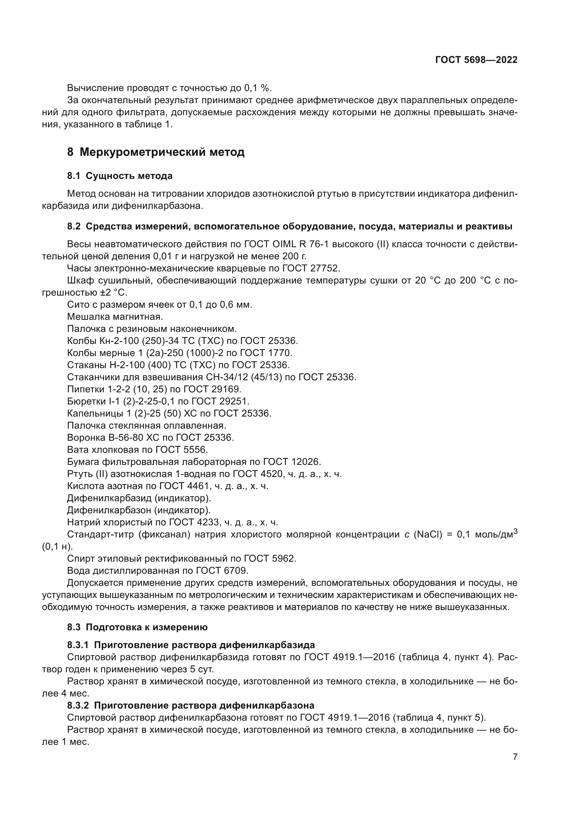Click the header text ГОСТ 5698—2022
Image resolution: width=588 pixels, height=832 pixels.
pyautogui.click(x=476, y=60)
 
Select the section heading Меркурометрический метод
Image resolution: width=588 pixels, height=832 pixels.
pyautogui.click(x=162, y=152)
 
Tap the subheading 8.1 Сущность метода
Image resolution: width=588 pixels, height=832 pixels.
pyautogui.click(x=119, y=176)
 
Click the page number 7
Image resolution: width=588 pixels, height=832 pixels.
pyautogui.click(x=515, y=757)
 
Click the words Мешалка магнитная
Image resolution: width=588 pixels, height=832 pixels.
pyautogui.click(x=115, y=317)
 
